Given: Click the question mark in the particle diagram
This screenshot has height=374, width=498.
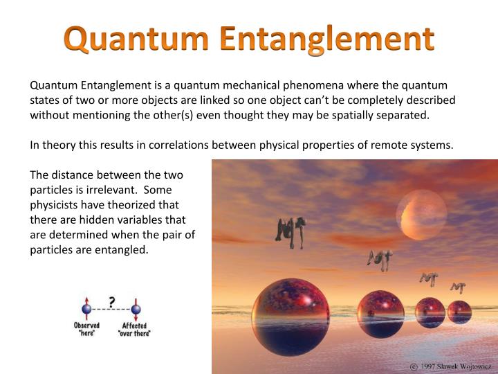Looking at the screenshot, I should tap(111, 300).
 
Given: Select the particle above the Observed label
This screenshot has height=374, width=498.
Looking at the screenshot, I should tap(87, 310).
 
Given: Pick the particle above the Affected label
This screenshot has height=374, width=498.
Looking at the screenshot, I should tap(136, 310).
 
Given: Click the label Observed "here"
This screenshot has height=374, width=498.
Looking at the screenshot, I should tap(87, 329).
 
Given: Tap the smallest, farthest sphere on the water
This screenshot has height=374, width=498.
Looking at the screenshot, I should tap(459, 311).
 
